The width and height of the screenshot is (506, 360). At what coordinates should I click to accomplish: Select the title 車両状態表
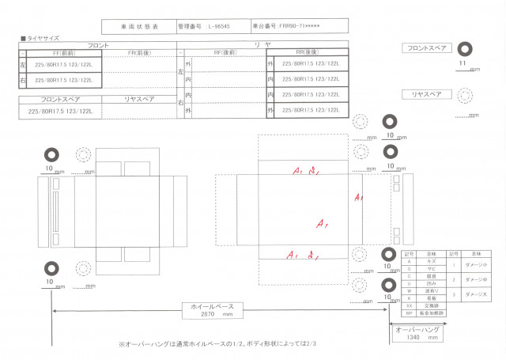pos(139,27)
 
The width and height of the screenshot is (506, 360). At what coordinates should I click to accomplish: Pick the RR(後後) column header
pos(308,53)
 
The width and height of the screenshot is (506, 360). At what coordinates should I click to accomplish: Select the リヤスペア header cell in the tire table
pos(139,100)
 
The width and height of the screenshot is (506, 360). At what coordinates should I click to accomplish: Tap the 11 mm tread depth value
pos(463,62)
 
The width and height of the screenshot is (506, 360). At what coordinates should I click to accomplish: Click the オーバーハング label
pos(417,328)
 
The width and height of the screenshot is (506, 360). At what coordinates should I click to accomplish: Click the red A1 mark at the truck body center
pos(322,225)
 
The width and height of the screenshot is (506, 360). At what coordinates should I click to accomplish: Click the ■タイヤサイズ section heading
pos(40,38)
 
